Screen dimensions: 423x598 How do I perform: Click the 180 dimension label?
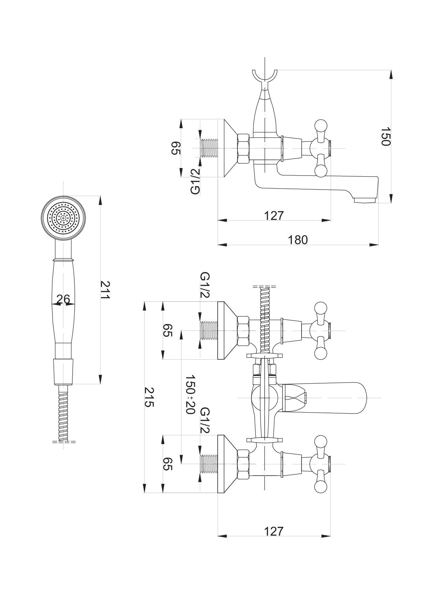[x=298, y=240]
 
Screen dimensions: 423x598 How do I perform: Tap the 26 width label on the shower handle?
[x=63, y=299]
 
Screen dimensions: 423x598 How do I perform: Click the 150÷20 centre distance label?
[x=190, y=394]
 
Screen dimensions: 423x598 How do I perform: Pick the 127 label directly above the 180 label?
[x=274, y=215]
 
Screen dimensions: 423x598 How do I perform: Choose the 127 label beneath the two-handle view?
[x=274, y=531]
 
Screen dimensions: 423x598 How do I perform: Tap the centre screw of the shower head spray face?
[x=63, y=217]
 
